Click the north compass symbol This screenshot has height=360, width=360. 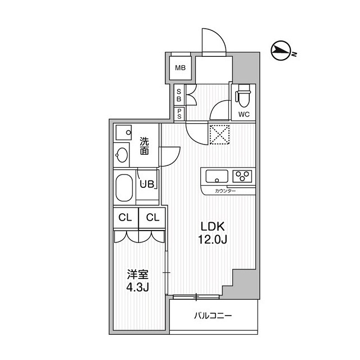point(281,52)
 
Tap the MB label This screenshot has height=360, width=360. point(180,69)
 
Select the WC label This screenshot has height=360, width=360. point(244,114)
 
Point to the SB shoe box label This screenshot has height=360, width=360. point(179,96)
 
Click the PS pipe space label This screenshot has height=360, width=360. point(179,114)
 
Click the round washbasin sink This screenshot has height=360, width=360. point(123,154)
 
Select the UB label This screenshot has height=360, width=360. point(146,183)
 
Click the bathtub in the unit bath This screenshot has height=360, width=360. point(123,189)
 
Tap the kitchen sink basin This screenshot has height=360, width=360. point(216,177)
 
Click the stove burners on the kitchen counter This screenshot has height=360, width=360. point(243,176)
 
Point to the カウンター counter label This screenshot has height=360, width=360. point(225,191)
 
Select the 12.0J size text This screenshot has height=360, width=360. point(213,240)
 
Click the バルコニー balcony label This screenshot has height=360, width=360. point(213,316)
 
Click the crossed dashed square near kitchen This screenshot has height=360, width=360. point(218,134)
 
